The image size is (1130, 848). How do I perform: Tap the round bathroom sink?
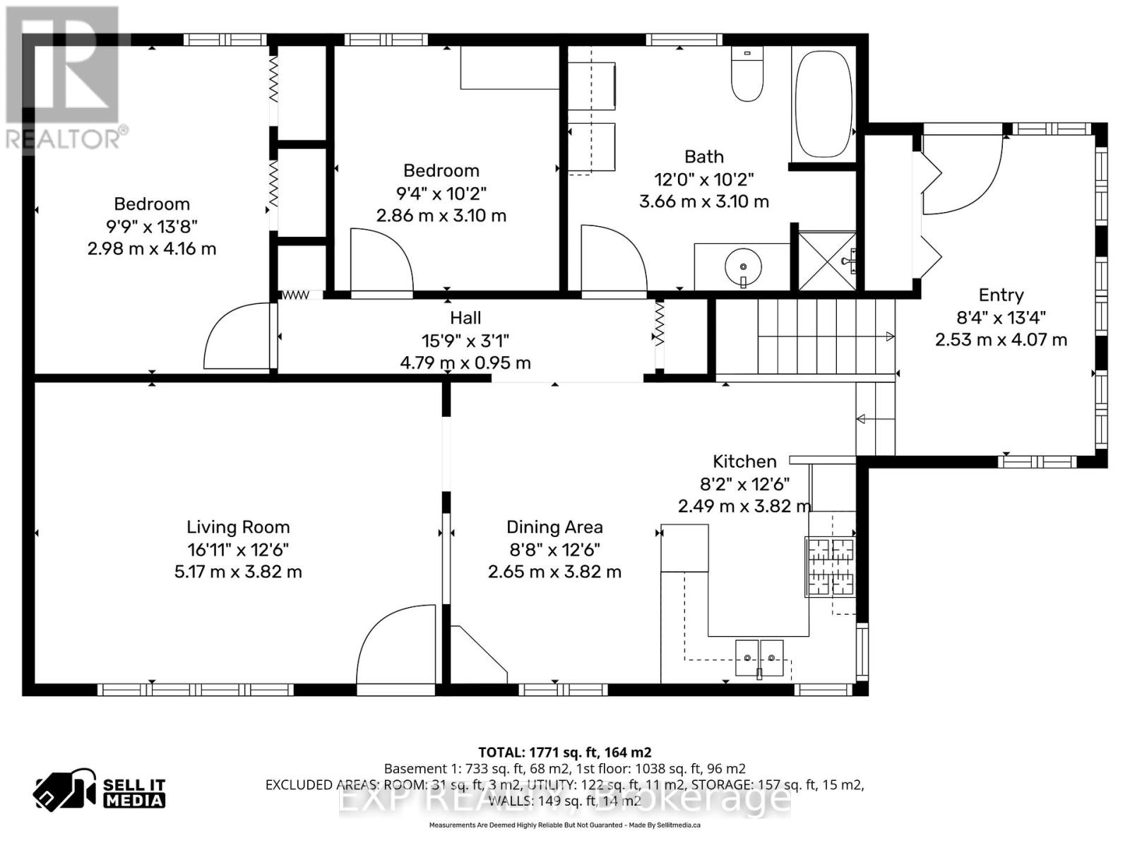click(743, 266)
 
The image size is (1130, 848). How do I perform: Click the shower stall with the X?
click(827, 261)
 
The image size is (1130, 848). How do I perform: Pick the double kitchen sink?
click(759, 658)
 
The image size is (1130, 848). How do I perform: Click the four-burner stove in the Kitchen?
click(831, 567)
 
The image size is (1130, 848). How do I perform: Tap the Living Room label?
click(238, 527)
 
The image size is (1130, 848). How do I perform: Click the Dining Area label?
click(554, 527)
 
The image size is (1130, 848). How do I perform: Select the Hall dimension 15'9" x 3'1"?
click(465, 341)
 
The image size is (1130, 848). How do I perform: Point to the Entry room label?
click(1001, 295)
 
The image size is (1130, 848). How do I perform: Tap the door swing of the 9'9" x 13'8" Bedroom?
click(237, 338)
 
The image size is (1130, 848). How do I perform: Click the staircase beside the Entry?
click(805, 336)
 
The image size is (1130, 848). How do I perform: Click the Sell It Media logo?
click(100, 792)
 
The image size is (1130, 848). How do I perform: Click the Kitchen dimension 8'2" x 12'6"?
click(744, 484)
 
